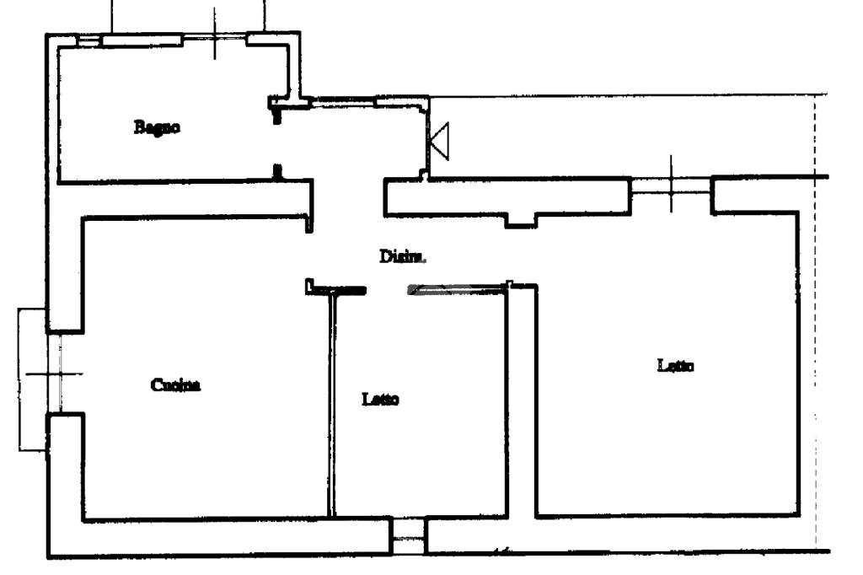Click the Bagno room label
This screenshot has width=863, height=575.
pyautogui.click(x=158, y=128)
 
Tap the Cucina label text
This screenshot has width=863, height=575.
pyautogui.click(x=176, y=385)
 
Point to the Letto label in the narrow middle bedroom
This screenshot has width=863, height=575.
pyautogui.click(x=380, y=399)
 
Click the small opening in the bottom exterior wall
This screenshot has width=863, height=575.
pyautogui.click(x=409, y=536)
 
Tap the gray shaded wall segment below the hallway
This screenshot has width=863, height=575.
pyautogui.click(x=455, y=289)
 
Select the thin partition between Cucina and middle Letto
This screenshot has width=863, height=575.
pyautogui.click(x=331, y=405)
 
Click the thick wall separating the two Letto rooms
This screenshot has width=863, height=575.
pyautogui.click(x=521, y=405)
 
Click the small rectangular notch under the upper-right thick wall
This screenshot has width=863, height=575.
pyautogui.click(x=521, y=222)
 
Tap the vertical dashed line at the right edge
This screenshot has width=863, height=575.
pyautogui.click(x=815, y=320)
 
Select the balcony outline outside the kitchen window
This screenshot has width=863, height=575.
pyautogui.click(x=25, y=379)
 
